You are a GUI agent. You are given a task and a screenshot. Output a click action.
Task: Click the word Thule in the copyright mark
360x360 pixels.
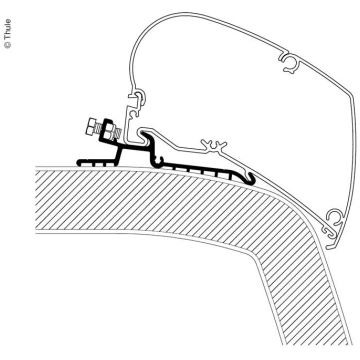(x=8, y=30)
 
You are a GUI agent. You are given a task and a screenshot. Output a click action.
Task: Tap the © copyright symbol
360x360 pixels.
(x=8, y=45)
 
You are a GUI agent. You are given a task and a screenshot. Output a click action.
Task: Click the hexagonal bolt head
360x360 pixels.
(x=91, y=127)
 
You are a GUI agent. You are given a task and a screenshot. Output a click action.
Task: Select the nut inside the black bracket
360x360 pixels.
(x=108, y=130)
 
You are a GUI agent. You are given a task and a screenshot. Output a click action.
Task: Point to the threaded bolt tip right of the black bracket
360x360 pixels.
(x=117, y=130)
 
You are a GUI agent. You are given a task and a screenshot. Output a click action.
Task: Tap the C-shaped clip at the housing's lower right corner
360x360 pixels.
(x=333, y=217)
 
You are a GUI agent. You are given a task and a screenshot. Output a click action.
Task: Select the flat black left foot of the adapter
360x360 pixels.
(x=97, y=162)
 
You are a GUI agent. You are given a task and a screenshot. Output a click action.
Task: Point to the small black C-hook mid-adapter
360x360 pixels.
(x=159, y=160)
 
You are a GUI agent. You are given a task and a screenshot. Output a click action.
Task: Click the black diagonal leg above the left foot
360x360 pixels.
(x=117, y=155)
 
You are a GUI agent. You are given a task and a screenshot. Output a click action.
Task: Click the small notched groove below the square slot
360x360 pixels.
(x=135, y=114)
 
